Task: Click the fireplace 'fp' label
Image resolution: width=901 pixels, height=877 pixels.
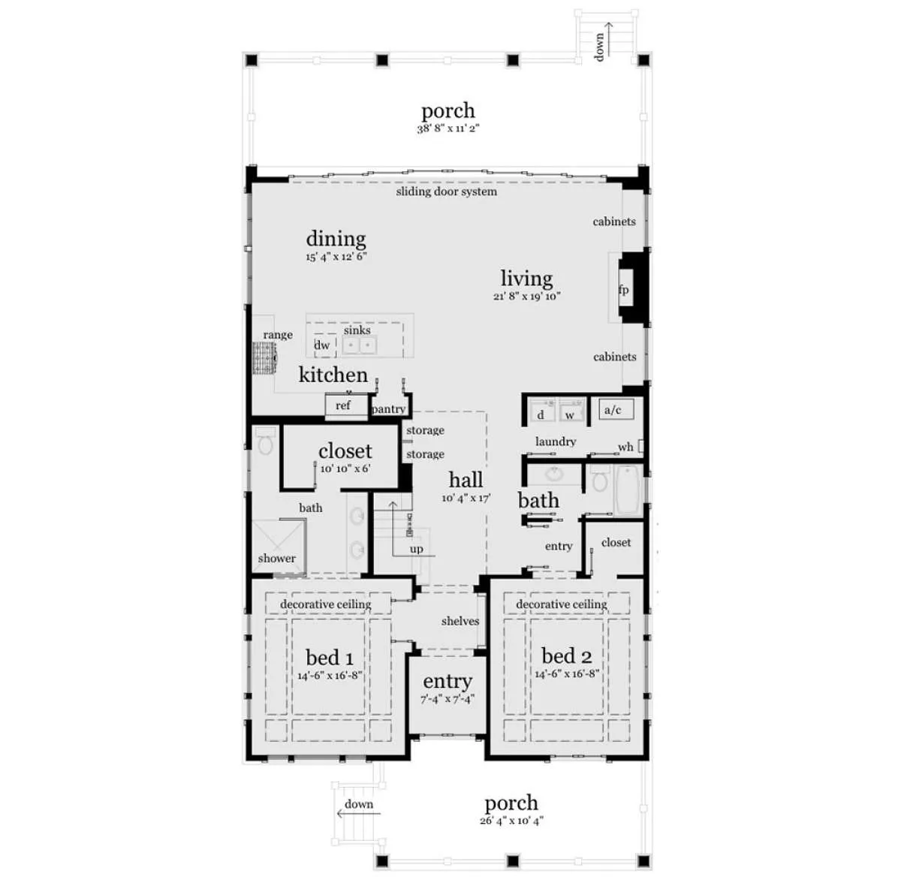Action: pos(623,290)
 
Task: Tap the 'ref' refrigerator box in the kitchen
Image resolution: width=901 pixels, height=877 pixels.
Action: pos(342,405)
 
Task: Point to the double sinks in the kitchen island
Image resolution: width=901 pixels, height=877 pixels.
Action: pos(360,345)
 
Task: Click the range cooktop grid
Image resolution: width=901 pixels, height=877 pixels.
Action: pos(264,357)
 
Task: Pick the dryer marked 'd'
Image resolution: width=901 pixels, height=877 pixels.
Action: pos(541,410)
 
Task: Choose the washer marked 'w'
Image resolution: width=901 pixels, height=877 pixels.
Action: pos(571,410)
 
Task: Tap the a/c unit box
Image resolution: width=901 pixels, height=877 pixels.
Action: pos(616,409)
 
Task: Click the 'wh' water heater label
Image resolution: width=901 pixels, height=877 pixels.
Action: pos(625,447)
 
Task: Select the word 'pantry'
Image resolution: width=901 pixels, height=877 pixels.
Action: pos(388,409)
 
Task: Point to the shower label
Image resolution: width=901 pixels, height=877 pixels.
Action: pos(276,558)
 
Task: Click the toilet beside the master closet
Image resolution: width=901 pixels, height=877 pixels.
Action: pos(265,442)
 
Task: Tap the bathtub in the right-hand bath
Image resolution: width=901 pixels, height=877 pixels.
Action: pos(628,490)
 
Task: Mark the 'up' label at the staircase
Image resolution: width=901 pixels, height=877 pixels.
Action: pos(416,549)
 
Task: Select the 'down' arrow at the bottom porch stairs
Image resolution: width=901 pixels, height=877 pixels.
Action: pos(358,813)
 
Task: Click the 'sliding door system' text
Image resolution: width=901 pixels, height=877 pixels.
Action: pos(446,191)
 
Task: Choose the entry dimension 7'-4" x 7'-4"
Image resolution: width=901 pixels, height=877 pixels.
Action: pos(447,699)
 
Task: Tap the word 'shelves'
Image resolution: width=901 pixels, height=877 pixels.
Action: pos(460,621)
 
